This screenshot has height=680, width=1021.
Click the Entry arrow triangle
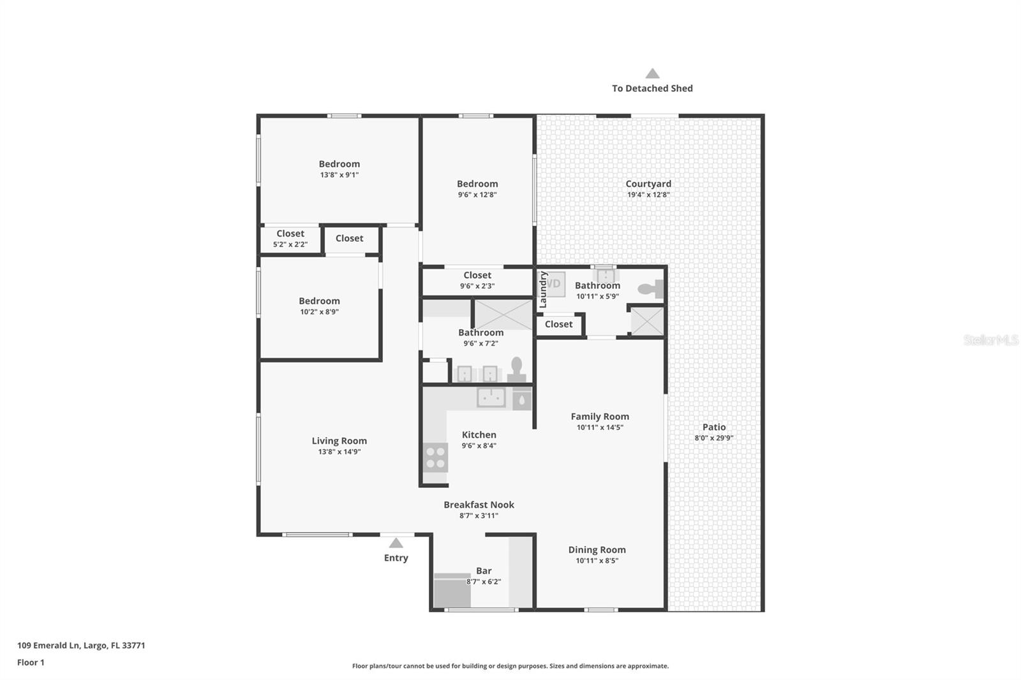[396, 543]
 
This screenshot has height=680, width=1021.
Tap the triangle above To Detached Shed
[652, 74]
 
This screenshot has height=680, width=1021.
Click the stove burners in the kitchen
[436, 457]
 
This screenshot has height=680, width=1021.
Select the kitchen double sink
[491, 397]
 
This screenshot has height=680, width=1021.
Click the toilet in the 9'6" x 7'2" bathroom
[516, 370]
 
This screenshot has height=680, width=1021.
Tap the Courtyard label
[648, 184]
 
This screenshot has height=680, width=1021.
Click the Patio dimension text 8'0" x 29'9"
[713, 438]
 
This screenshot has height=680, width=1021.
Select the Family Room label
[600, 417]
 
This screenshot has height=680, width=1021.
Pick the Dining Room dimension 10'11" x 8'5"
[597, 561]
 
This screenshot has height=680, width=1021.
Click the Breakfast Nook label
[479, 505]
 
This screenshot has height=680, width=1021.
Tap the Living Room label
[339, 441]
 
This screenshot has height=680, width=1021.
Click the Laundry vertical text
[544, 290]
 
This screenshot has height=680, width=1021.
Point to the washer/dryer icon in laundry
[555, 284]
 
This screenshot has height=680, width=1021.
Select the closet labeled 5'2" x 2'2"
[290, 239]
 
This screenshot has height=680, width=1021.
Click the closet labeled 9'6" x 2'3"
[477, 280]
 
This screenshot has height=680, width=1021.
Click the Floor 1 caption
[31, 662]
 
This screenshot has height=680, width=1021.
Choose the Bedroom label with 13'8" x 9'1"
[339, 164]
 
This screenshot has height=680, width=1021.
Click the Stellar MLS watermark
[990, 340]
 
